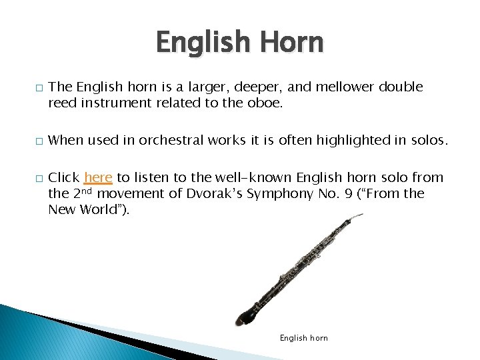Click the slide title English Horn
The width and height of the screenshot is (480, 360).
coord(239,43)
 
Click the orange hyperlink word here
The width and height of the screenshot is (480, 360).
coord(98,177)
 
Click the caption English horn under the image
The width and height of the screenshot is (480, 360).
coord(303,338)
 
